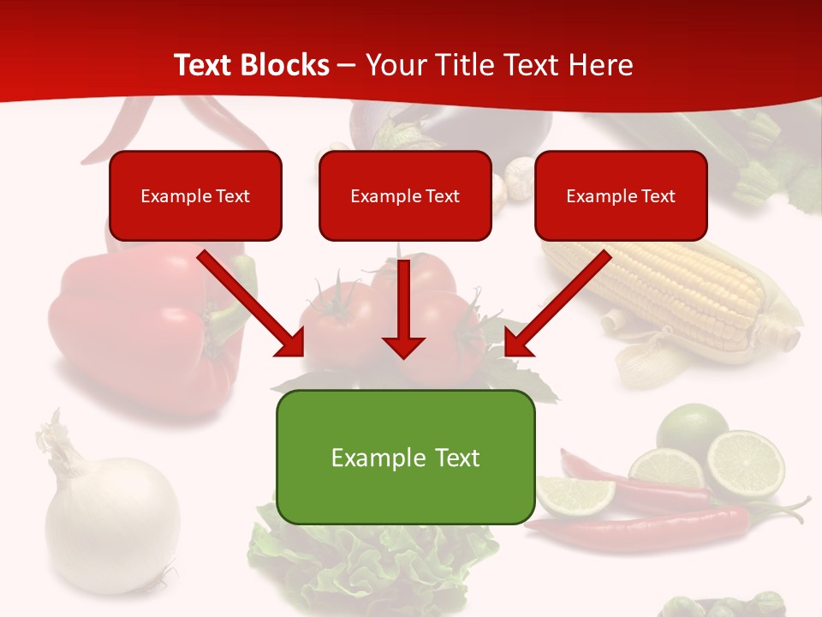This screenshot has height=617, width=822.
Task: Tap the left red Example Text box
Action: point(195,195)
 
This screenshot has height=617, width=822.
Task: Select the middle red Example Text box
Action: point(405,195)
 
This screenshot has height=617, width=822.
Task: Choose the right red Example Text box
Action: point(621,195)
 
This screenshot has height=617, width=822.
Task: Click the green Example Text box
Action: point(405,457)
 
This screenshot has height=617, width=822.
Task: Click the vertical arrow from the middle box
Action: point(403,308)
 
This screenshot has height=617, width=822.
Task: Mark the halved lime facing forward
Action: point(745,464)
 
